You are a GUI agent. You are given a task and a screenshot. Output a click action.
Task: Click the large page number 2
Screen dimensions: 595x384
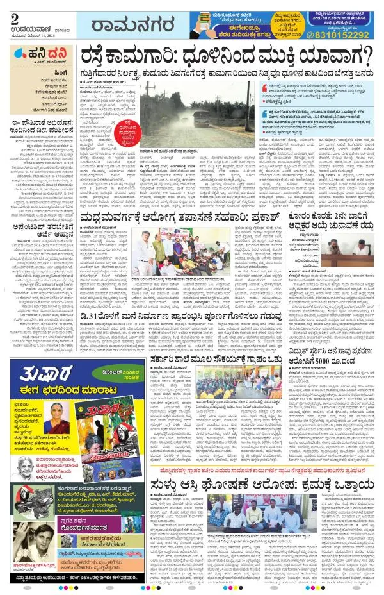(x=14, y=15)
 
